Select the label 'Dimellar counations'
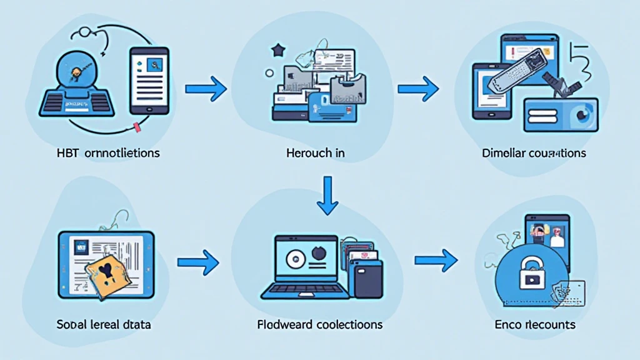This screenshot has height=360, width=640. tap(534, 152)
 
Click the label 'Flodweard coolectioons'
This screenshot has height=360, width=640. tap(320, 325)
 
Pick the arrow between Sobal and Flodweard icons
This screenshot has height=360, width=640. tap(199, 263)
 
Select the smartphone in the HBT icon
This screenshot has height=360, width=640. tap(148, 81)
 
